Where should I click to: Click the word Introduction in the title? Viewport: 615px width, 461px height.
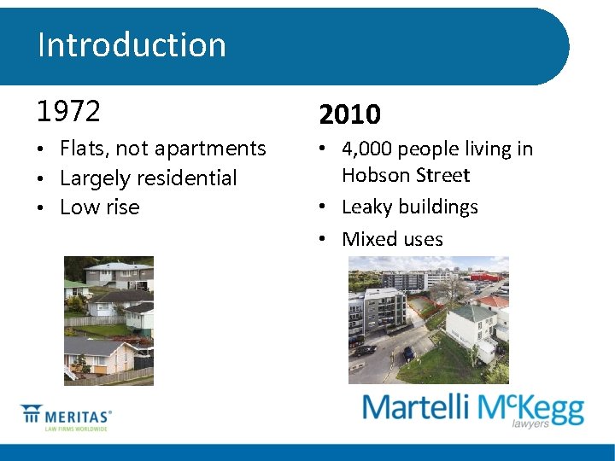tap(132, 44)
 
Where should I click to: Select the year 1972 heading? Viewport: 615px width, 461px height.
tap(68, 111)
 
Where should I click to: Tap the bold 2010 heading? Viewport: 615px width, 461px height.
tap(349, 114)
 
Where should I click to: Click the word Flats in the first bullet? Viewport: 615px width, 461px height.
tap(83, 149)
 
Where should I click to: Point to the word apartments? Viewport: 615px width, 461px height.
tap(214, 149)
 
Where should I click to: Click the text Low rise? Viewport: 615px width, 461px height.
tap(99, 207)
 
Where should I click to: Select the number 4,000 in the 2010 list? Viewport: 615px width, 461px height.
tap(366, 149)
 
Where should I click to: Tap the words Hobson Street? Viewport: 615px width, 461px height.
tap(406, 176)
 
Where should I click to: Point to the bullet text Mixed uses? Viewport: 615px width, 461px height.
tap(392, 239)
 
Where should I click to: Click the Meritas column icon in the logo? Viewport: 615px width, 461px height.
tap(32, 416)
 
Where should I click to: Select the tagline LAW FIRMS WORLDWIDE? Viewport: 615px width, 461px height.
tap(77, 429)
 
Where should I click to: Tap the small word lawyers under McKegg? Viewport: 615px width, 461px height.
tap(530, 423)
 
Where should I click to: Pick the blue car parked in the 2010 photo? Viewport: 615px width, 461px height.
tap(408, 352)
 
